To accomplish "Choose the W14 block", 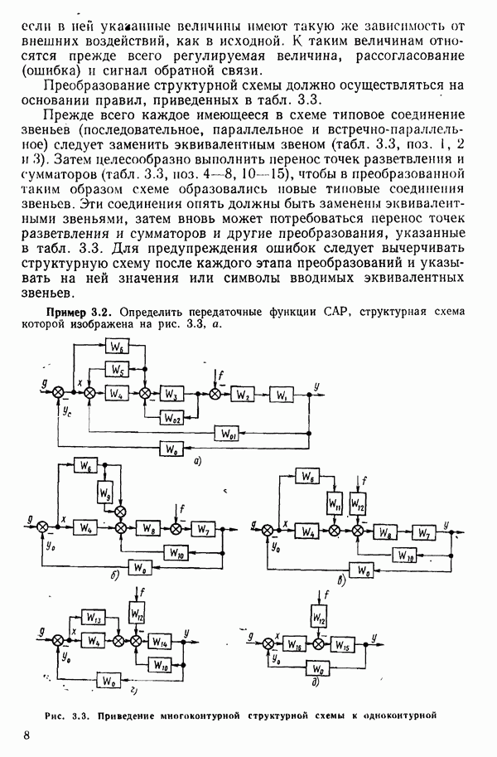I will [162, 641].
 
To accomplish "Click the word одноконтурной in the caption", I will [398, 716].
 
